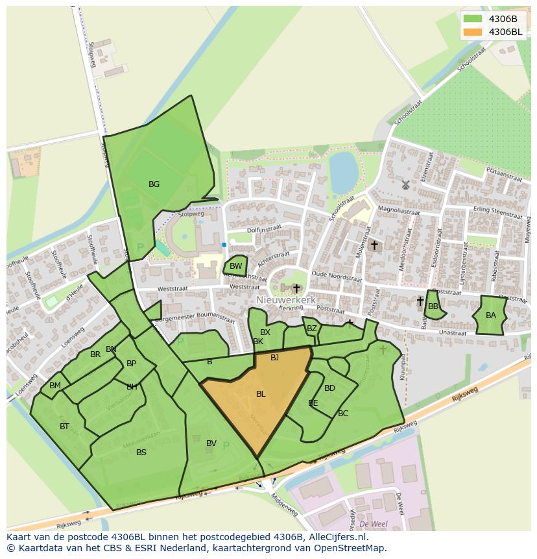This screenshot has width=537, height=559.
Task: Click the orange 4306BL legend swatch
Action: tap(473, 32)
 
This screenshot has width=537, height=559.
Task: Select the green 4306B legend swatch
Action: tap(473, 19)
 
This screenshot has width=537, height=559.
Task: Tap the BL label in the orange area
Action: tap(261, 394)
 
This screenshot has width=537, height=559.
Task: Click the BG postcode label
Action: tap(154, 184)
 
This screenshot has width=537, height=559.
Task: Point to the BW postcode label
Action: tap(236, 266)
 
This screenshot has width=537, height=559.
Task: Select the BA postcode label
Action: tap(491, 316)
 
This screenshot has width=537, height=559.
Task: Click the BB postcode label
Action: tap(433, 306)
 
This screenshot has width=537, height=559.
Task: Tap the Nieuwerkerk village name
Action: tap(285, 301)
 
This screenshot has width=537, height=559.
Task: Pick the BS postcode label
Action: tap(141, 453)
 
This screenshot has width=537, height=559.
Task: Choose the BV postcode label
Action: tap(211, 443)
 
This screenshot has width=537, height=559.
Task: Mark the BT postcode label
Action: tap(64, 427)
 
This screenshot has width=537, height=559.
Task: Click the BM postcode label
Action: tap(55, 386)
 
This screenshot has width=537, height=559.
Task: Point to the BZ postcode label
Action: tap(312, 329)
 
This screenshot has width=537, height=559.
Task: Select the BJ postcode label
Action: tap(274, 358)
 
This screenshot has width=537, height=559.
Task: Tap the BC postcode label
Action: tap(343, 414)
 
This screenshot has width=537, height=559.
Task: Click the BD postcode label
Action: tap(329, 388)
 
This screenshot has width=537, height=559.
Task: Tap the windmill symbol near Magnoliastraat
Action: tap(406, 184)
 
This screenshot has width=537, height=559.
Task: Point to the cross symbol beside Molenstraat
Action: tap(374, 245)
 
